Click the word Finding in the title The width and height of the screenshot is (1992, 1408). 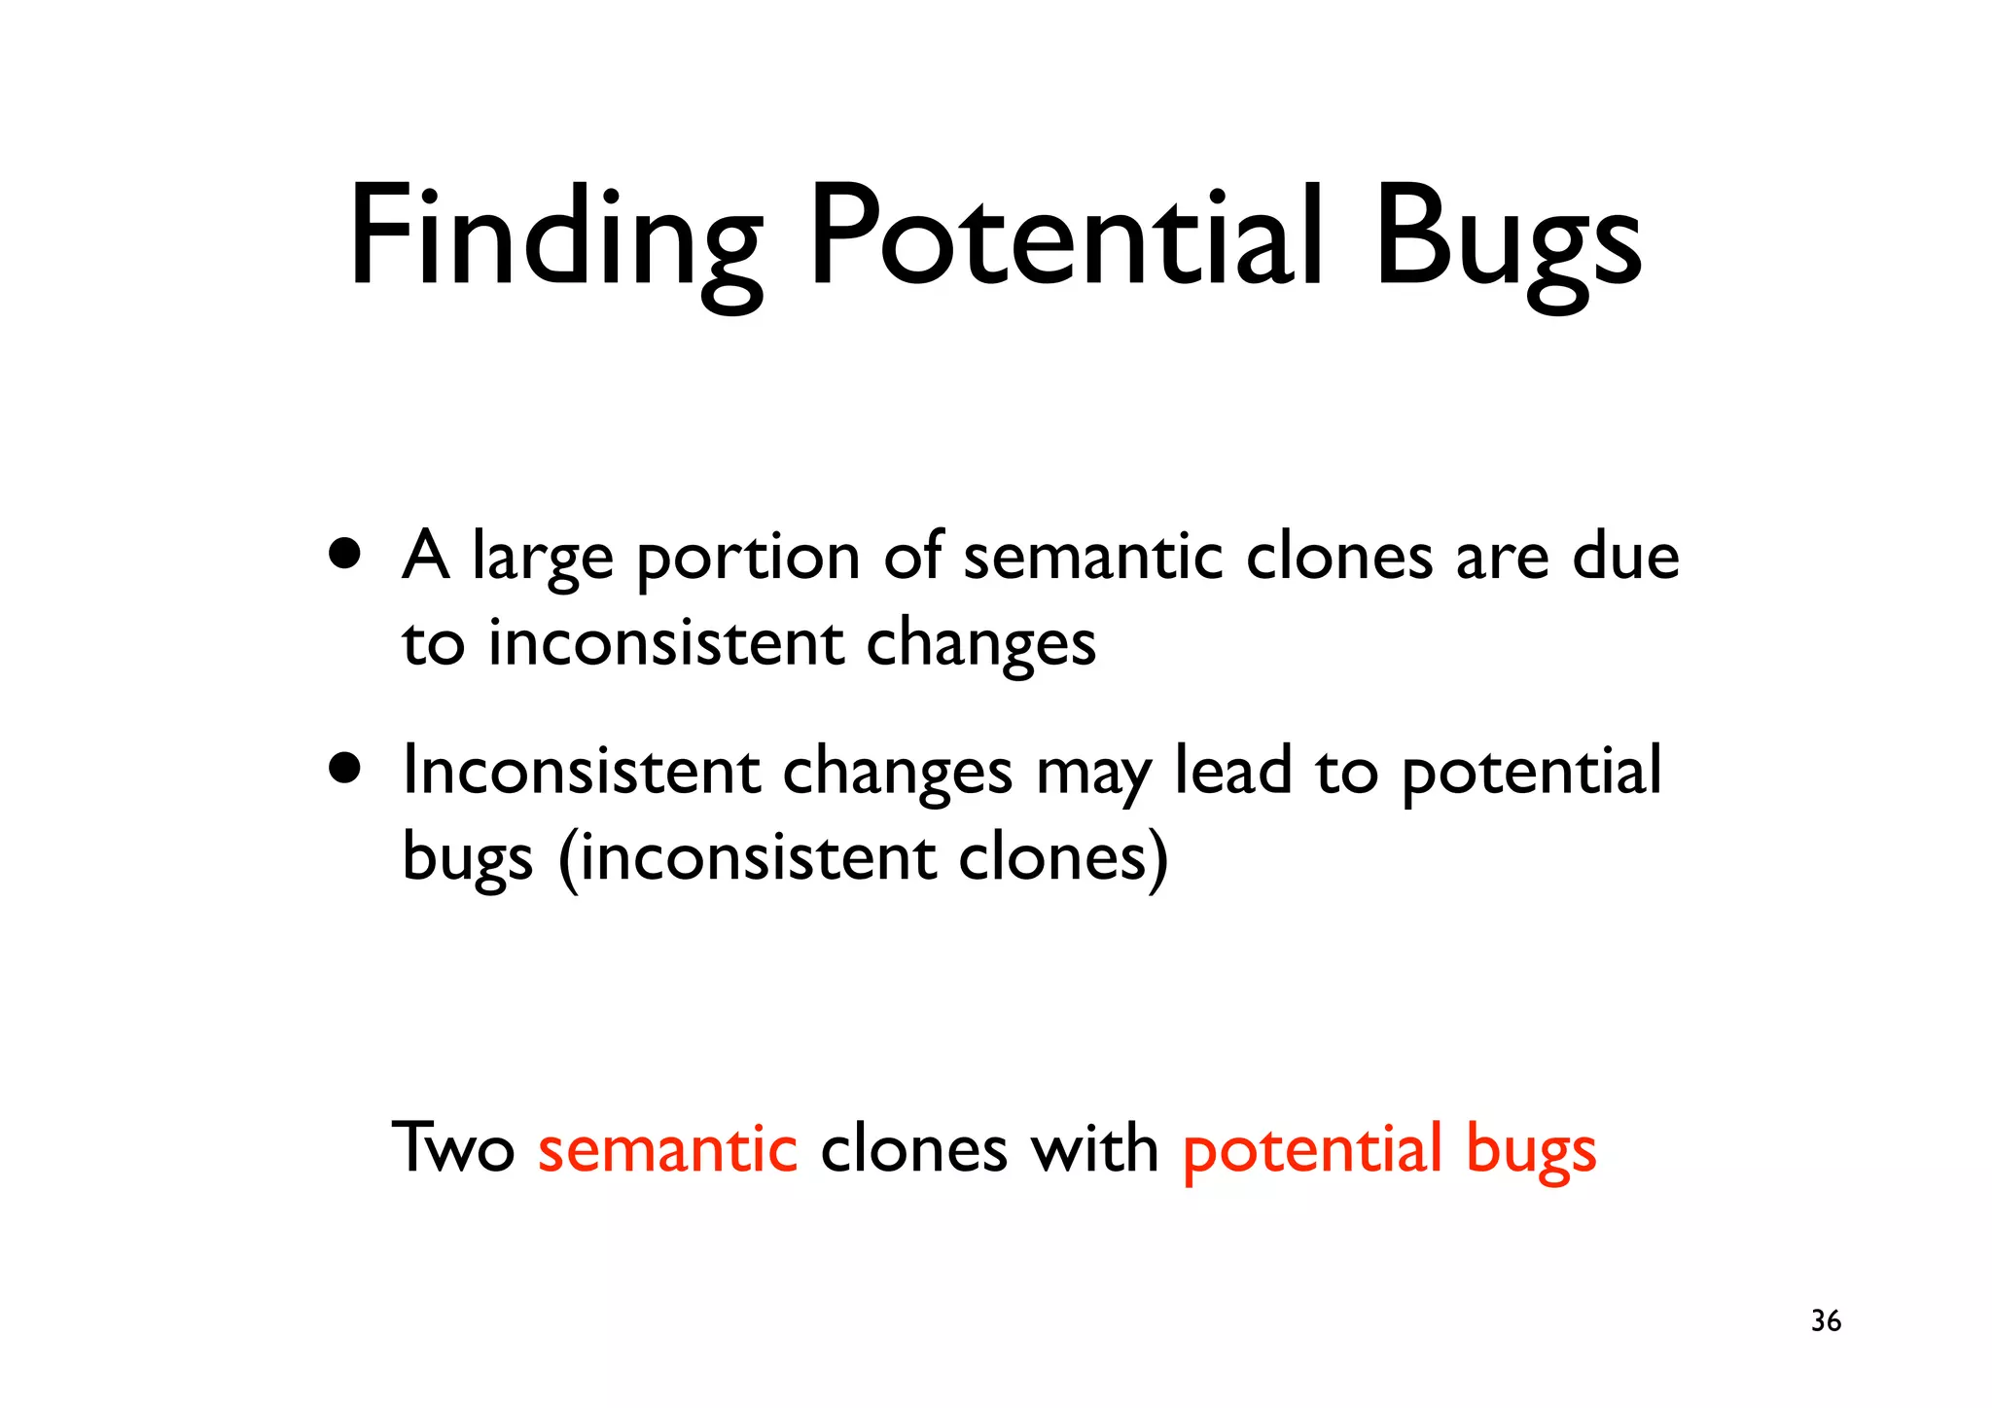click(x=554, y=238)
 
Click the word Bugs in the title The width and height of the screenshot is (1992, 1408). click(x=1508, y=238)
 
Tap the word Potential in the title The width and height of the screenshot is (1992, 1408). click(x=1065, y=238)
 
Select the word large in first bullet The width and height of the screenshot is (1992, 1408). click(x=543, y=560)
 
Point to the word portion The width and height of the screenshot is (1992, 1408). click(x=748, y=560)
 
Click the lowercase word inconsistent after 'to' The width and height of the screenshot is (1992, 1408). click(x=665, y=644)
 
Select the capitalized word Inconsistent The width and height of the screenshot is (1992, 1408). click(x=581, y=771)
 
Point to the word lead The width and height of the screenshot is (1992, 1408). click(x=1233, y=771)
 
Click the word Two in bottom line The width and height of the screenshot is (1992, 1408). click(x=453, y=1148)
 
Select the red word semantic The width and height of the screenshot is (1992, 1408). click(x=667, y=1148)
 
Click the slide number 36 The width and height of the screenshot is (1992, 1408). click(x=1826, y=1320)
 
